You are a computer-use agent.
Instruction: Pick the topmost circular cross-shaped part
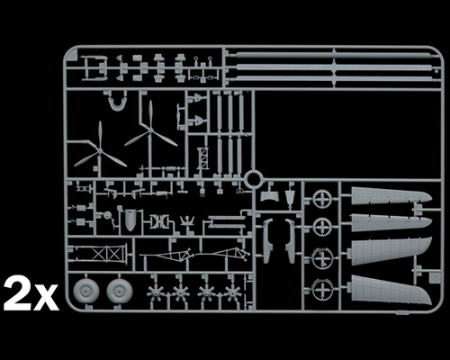coord(322,199)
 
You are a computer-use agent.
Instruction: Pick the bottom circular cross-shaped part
coord(322,289)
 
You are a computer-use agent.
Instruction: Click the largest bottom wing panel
coord(389,290)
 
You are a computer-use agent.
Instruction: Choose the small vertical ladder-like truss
coord(203,158)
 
